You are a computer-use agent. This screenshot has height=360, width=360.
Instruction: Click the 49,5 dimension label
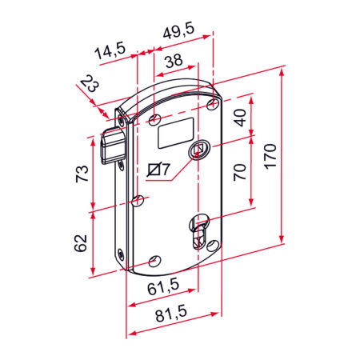click(179, 31)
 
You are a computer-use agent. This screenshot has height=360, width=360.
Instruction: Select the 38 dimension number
click(174, 61)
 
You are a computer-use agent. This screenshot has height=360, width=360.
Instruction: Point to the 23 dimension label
click(90, 83)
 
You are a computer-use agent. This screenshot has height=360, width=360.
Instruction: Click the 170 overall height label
click(270, 156)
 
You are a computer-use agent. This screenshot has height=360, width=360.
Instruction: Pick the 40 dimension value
click(241, 118)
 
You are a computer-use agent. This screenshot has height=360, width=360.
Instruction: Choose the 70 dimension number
click(239, 172)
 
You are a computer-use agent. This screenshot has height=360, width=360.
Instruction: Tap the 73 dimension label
click(82, 174)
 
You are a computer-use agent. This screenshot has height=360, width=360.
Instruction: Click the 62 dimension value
click(81, 243)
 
